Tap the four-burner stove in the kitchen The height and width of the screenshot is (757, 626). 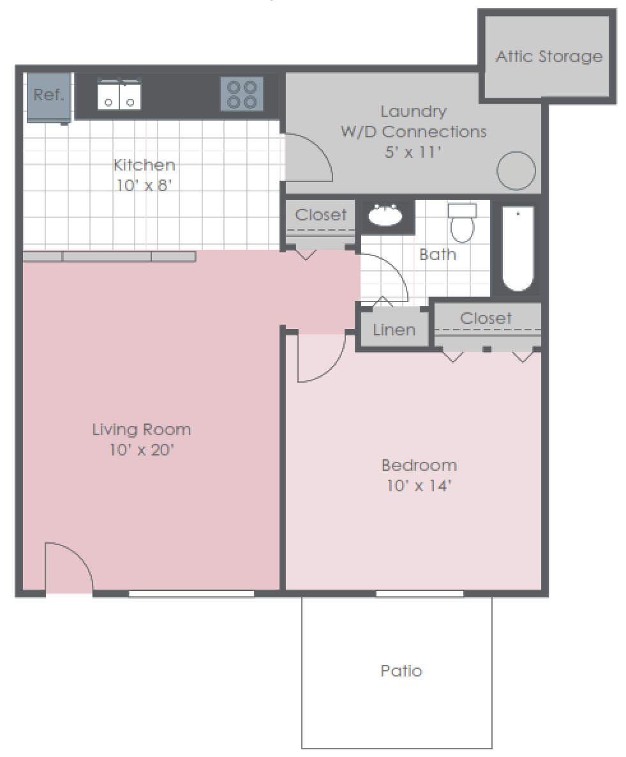(242, 94)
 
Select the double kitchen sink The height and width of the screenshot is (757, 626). (119, 95)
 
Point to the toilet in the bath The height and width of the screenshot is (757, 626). (462, 223)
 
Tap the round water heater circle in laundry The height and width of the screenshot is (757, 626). (516, 171)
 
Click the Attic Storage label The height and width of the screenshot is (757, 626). (549, 56)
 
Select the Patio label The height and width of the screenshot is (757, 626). (401, 671)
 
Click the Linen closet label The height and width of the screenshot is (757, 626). (394, 330)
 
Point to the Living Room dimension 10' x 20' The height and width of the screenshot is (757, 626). (141, 450)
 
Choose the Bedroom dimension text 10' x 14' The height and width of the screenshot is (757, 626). (419, 486)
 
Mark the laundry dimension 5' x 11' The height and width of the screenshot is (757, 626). (413, 153)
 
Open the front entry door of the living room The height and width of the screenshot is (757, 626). (68, 569)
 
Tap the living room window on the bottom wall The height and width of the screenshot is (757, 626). (191, 593)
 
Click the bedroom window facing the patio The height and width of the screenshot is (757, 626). (419, 593)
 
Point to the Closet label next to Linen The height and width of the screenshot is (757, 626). (486, 318)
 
